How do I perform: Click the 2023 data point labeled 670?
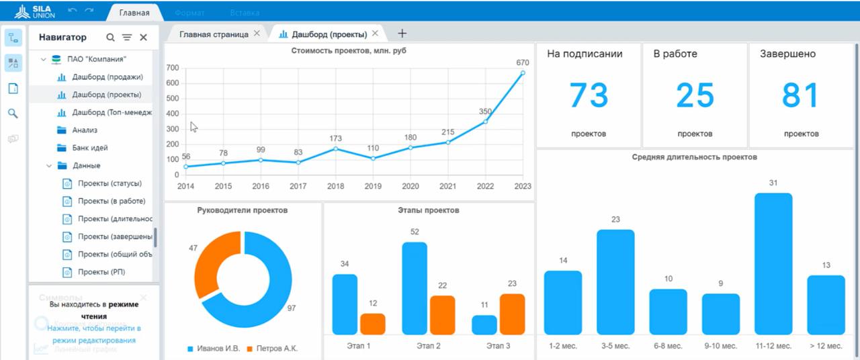pos(523,73)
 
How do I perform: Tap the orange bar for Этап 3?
pos(512,314)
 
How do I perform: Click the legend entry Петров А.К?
pos(272,349)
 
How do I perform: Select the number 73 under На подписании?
pos(589,96)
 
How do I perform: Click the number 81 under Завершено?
pos(800,96)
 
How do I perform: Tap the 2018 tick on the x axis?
pos(335,186)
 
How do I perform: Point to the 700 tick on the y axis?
pos(172,68)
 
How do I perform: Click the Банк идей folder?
pos(90,148)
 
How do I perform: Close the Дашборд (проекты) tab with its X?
pos(375,34)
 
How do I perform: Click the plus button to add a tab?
pos(402,34)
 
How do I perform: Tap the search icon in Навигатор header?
pos(110,38)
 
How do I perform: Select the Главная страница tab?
pos(214,34)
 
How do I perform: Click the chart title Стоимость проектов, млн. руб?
pos(349,50)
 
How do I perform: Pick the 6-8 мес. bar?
pos(668,312)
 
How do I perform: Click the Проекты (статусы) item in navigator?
pos(110,183)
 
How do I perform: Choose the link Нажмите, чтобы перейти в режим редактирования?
pos(93,334)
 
